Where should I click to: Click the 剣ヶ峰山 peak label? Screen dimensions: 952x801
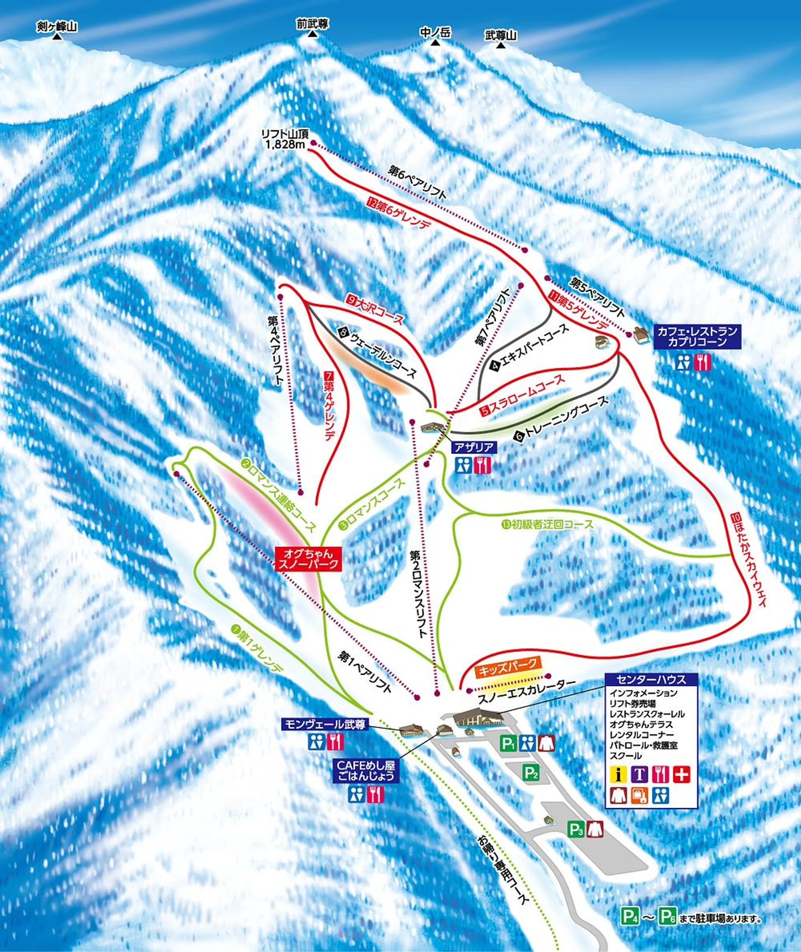[x=57, y=28]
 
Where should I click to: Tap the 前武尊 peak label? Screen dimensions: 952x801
[x=313, y=24]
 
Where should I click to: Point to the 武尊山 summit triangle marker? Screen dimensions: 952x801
[x=501, y=46]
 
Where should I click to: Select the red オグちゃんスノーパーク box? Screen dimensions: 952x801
[x=308, y=559]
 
